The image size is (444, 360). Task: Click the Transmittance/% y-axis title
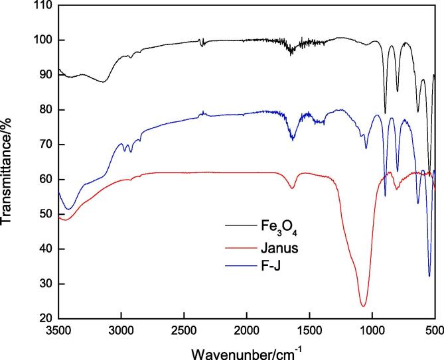(x=10, y=162)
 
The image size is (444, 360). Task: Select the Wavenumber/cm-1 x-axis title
(x=247, y=349)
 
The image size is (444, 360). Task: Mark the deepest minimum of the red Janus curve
(x=363, y=306)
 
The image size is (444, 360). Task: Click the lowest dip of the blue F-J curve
(x=429, y=275)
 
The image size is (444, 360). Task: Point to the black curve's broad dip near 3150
(x=104, y=82)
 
